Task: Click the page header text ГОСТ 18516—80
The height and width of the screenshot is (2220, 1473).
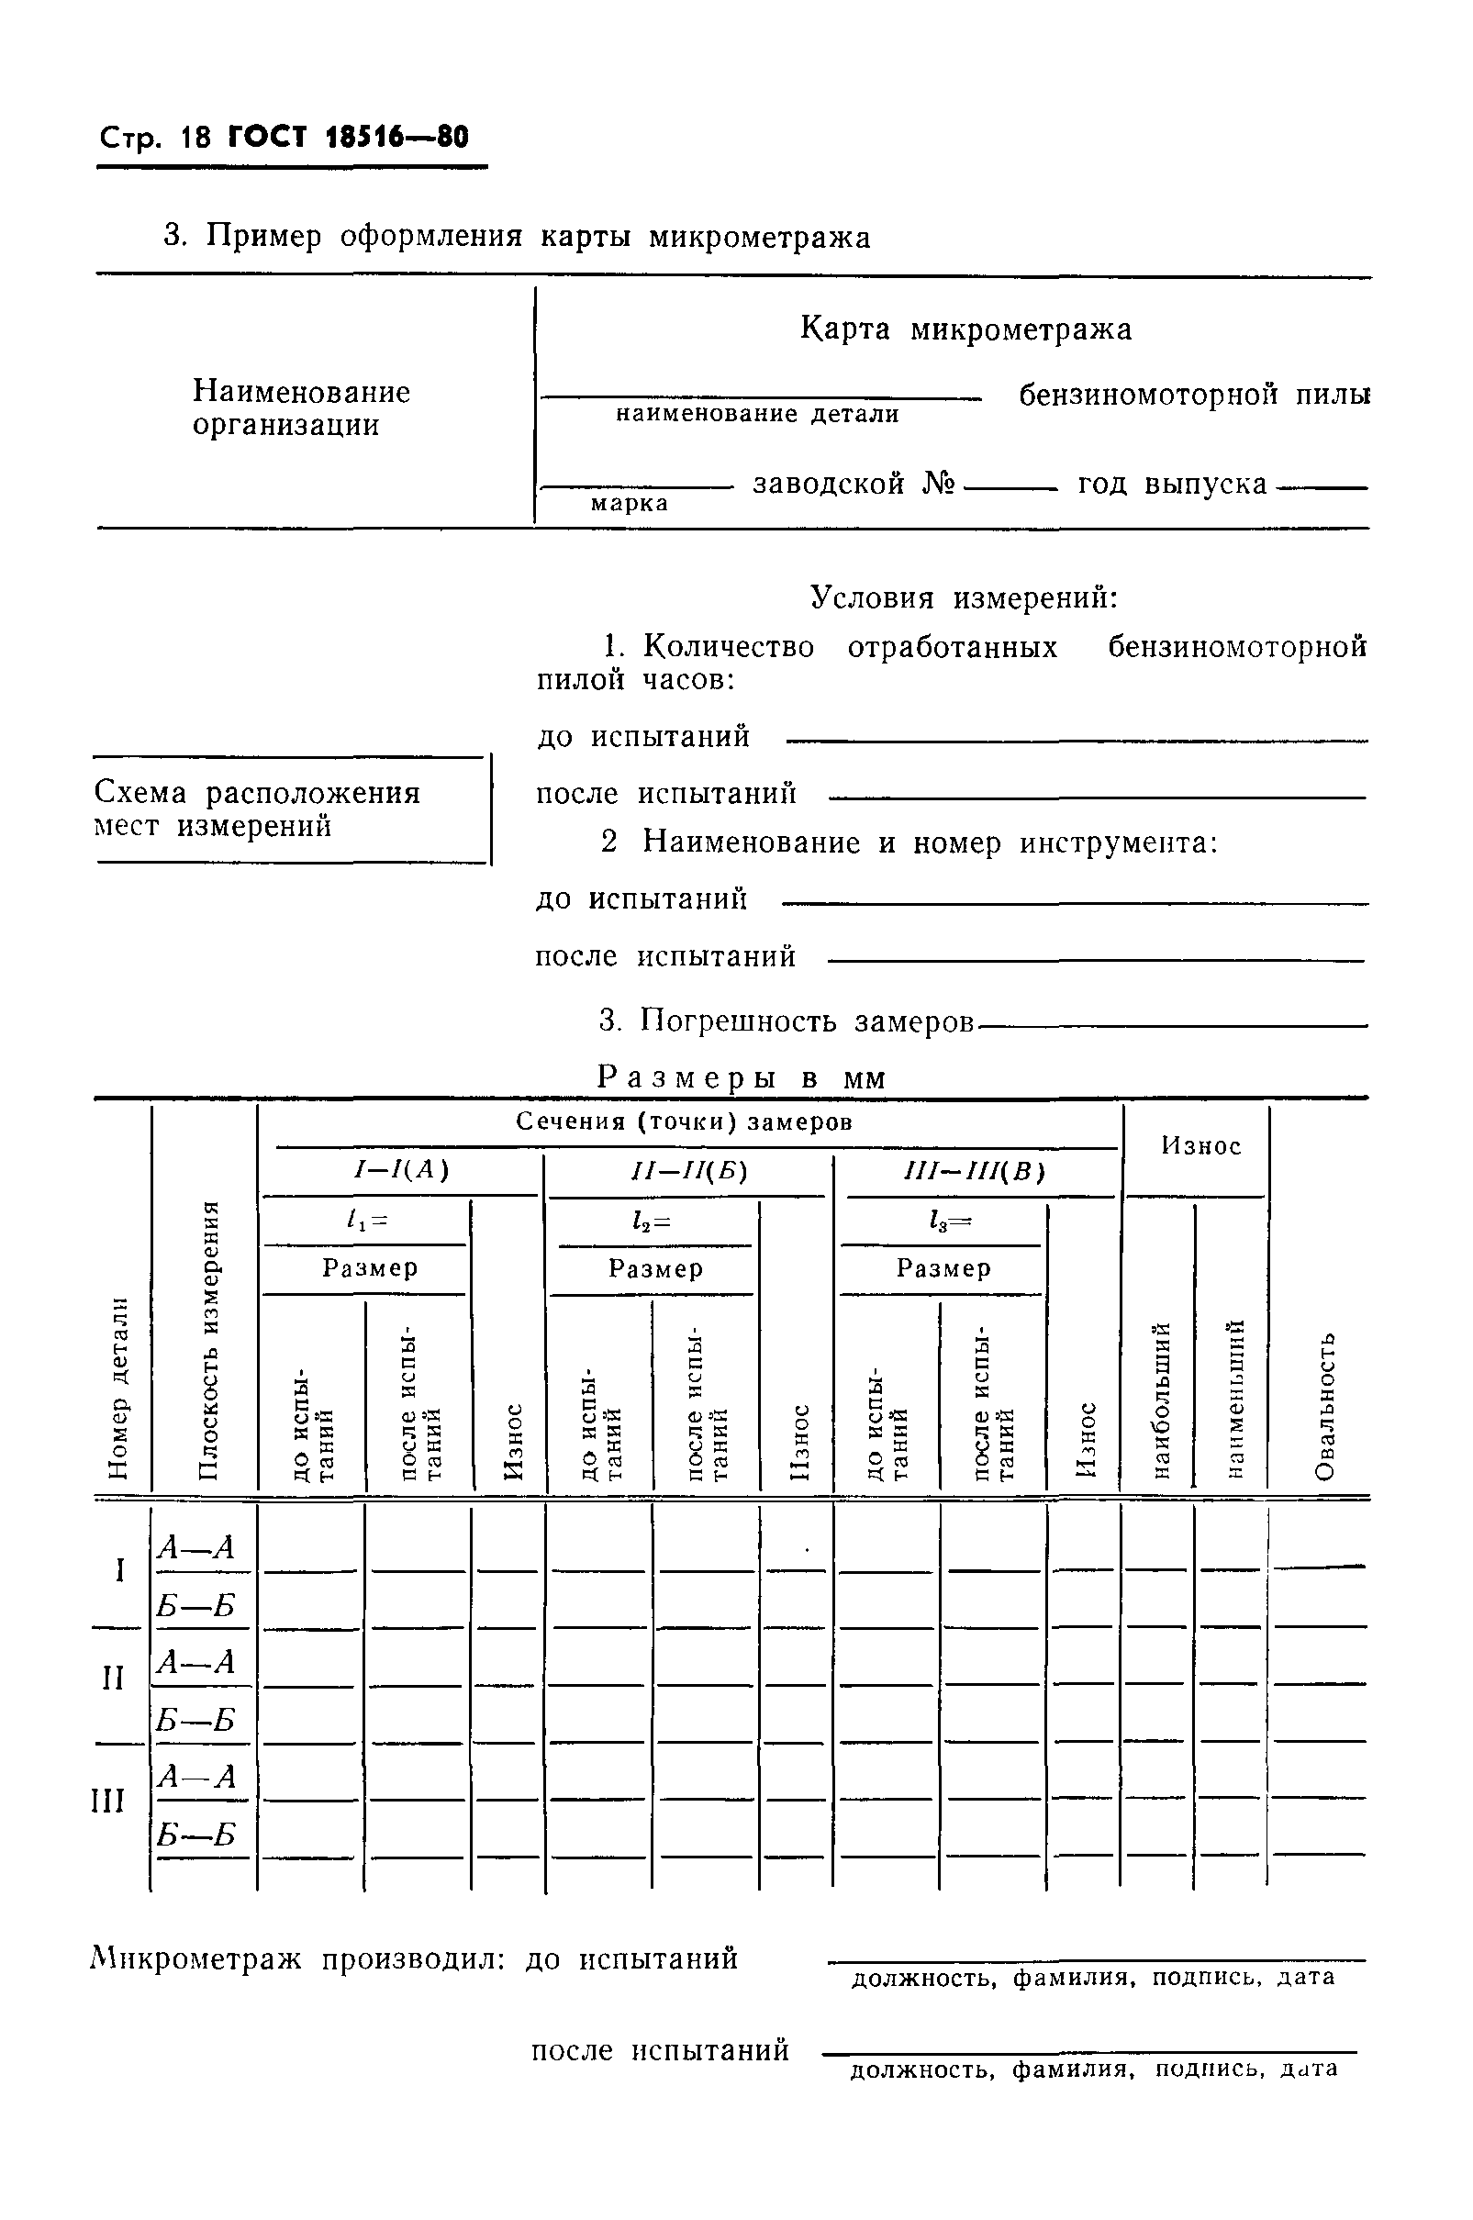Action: click(347, 137)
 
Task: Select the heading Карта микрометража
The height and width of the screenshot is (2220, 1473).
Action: click(965, 329)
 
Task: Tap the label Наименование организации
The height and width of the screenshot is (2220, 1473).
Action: click(301, 407)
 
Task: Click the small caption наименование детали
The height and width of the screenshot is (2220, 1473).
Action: click(757, 414)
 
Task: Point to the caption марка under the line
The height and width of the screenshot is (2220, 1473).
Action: click(629, 504)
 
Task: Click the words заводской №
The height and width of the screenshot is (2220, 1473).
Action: click(853, 484)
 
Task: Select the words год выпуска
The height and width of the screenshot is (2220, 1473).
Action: click(1172, 484)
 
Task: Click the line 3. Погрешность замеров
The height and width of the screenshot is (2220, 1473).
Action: click(787, 1021)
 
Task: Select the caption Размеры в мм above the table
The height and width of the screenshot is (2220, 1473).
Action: click(742, 1077)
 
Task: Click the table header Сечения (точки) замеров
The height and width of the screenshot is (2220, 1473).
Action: click(684, 1121)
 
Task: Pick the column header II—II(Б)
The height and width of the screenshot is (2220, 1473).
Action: click(688, 1172)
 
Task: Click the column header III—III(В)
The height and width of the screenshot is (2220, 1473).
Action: click(973, 1172)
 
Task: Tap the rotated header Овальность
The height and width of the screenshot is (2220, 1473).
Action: click(1323, 1405)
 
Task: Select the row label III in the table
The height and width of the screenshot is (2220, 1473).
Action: click(107, 1801)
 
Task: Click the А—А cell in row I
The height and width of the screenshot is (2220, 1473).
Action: click(195, 1547)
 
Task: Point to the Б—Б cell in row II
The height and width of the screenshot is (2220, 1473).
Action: click(195, 1721)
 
